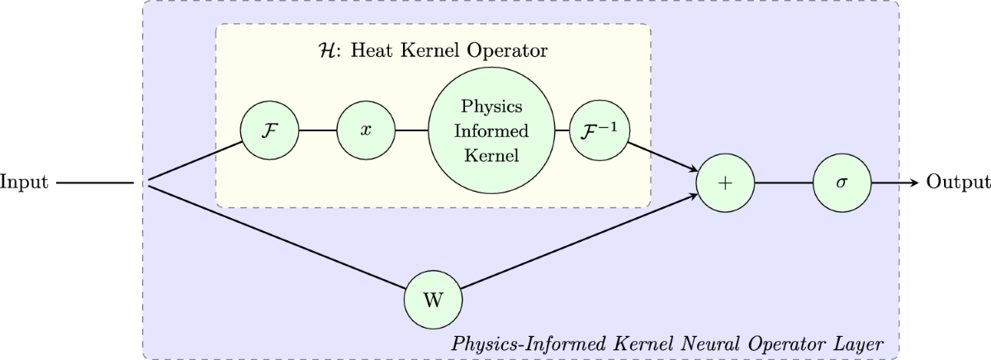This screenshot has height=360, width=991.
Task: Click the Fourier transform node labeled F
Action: click(x=268, y=131)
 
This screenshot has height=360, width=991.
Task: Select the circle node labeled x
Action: click(x=363, y=131)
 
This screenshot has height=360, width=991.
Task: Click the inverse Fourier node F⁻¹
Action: click(x=597, y=131)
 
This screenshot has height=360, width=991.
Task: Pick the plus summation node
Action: click(x=726, y=182)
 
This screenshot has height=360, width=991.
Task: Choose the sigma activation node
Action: click(x=842, y=182)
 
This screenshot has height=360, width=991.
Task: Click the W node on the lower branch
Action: click(x=432, y=299)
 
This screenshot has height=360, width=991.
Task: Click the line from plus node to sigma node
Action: click(x=784, y=182)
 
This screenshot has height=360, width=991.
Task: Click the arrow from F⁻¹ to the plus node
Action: click(x=661, y=159)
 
